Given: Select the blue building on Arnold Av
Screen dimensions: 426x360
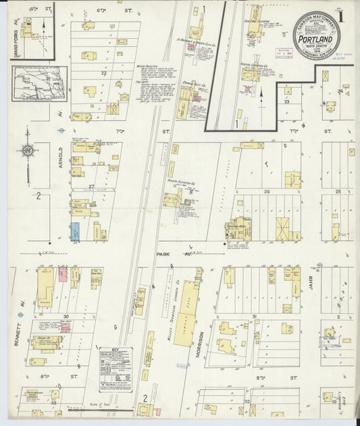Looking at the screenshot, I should click(74, 232).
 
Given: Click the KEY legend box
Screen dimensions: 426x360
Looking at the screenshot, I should click(115, 369).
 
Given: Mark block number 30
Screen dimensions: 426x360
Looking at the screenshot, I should click(66, 316).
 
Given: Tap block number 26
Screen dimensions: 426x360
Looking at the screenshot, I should click(267, 192).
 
